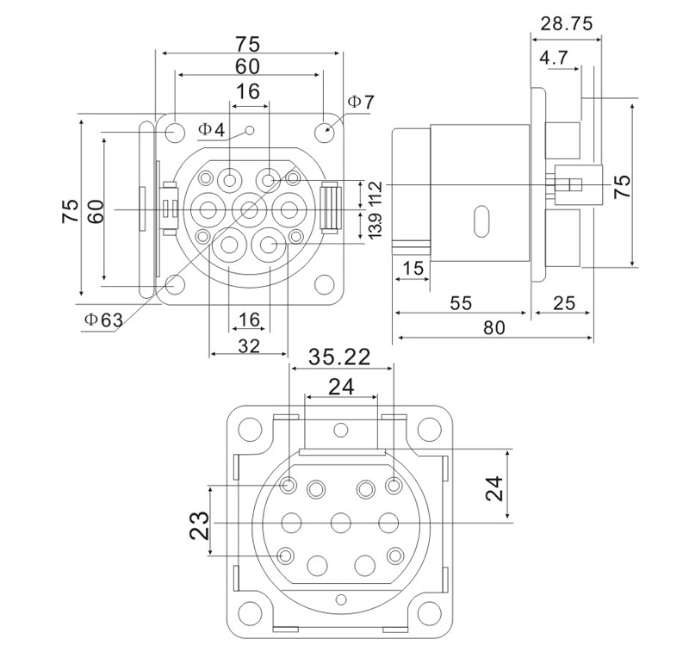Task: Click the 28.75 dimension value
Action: coord(566,24)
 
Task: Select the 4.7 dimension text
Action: coord(553,59)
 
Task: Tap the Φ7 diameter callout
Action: coord(361,102)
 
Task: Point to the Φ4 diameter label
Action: coord(211,130)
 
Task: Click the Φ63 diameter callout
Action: coord(103,320)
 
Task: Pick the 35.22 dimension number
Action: coord(338,357)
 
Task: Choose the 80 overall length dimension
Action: coord(493,327)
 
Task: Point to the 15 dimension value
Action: coord(413,269)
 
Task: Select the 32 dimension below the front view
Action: coord(248,345)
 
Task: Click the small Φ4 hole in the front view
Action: coord(250,131)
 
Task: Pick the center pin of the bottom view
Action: coord(342,522)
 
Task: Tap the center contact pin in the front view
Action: coord(250,208)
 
